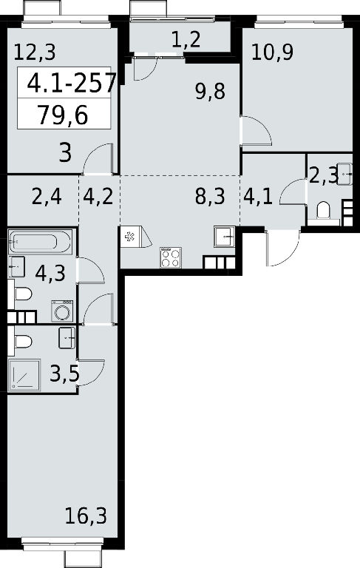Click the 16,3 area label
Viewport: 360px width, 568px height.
pos(86,515)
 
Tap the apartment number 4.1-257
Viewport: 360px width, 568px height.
pos(72,83)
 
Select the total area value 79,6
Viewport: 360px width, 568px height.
pos(63,115)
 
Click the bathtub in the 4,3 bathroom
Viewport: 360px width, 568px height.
pos(40,241)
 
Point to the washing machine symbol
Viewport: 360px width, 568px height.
pos(62,311)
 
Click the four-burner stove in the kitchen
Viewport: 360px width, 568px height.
pos(171,257)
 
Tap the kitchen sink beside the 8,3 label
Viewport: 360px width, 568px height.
pos(225,237)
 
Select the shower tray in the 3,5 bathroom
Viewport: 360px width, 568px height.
pos(24,375)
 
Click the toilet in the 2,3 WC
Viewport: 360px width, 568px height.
pos(323,212)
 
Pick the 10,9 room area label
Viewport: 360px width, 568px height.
pos(272,53)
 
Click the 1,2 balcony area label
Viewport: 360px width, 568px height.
pos(186,39)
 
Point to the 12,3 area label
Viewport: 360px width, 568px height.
pos(35,52)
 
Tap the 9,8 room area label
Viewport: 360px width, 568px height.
pos(210,91)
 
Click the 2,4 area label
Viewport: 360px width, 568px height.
pos(47,197)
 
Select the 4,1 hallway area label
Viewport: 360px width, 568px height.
pos(258,197)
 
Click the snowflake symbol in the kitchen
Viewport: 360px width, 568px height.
pos(129,237)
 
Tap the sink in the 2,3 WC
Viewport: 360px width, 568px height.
pos(344,175)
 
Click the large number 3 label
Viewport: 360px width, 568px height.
pos(65,152)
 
